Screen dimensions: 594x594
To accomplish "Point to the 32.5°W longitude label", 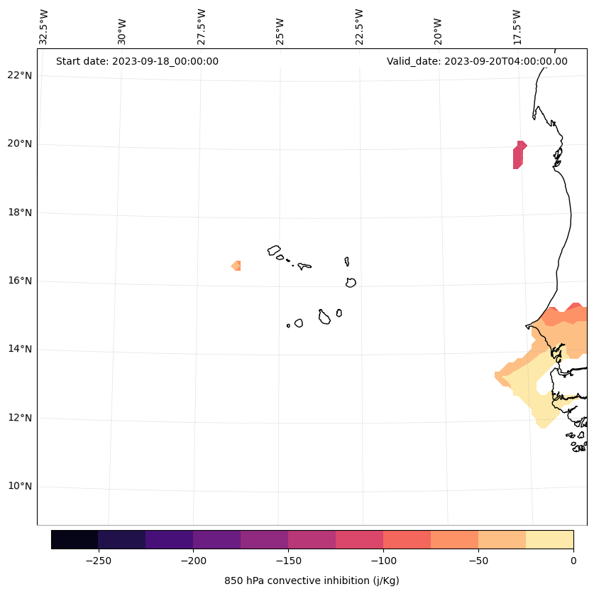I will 44,27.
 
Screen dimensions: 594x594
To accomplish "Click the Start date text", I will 137,61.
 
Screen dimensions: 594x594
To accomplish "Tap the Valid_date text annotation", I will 477,61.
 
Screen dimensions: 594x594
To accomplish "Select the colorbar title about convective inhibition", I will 312,580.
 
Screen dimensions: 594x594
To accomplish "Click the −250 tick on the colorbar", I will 98,561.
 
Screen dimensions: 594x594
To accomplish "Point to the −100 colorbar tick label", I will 383,561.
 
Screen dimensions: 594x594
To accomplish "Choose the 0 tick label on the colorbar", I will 573,561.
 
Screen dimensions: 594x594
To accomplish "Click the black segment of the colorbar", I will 75,539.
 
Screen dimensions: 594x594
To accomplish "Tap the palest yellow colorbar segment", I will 549,539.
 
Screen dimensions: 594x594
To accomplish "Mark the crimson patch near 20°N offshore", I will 519,155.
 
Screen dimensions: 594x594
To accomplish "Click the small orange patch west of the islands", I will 237,266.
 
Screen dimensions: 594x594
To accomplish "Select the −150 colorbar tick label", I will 288,561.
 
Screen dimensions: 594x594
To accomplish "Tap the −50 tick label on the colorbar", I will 478,561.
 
